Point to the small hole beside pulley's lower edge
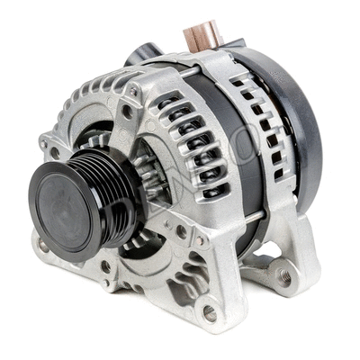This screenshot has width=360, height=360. [x=105, y=266]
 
